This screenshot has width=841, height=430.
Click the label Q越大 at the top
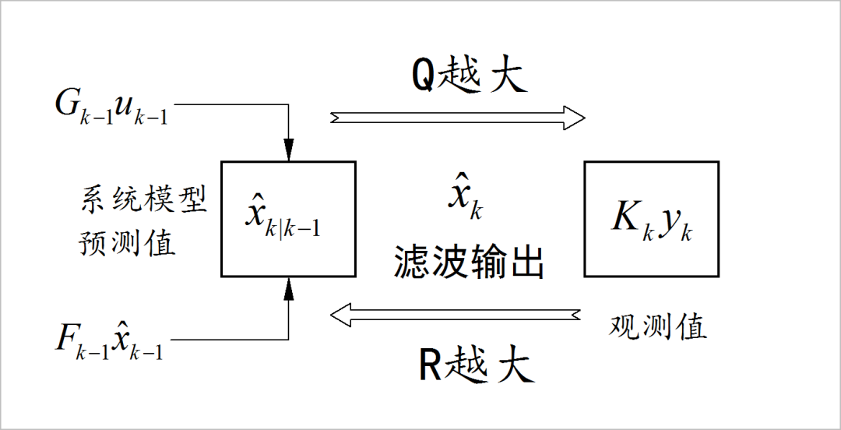click(470, 76)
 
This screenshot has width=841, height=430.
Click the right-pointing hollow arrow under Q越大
click(458, 118)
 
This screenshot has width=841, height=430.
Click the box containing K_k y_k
click(651, 219)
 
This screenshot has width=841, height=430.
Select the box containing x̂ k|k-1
click(288, 219)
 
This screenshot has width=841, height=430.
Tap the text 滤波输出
click(469, 263)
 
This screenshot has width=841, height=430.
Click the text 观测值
click(657, 326)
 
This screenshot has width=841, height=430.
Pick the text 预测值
click(127, 243)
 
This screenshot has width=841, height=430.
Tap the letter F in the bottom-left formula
click(65, 339)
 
